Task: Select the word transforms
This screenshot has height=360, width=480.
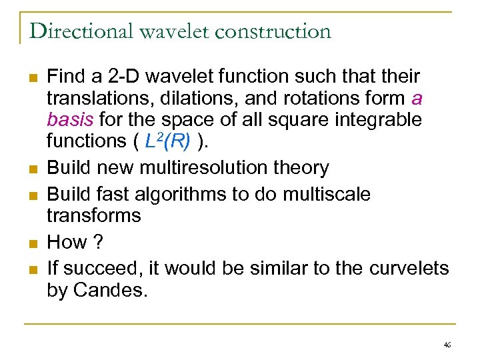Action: pyautogui.click(x=94, y=215)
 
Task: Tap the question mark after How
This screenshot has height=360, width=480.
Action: pyautogui.click(x=99, y=242)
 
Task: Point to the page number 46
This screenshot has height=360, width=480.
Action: pyautogui.click(x=447, y=345)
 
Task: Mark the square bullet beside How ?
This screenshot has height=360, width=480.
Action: pyautogui.click(x=32, y=243)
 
